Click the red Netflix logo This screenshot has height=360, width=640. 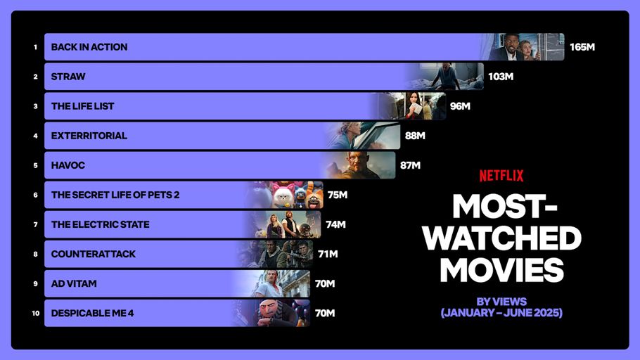click(x=501, y=176)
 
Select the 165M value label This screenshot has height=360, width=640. click(x=582, y=47)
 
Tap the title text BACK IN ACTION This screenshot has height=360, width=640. click(x=89, y=47)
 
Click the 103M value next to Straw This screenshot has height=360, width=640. click(x=500, y=77)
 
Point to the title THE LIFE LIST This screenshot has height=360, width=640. click(x=82, y=106)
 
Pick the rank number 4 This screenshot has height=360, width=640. click(x=35, y=136)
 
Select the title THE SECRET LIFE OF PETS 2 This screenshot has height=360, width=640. click(x=115, y=195)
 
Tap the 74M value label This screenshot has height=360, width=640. click(x=335, y=224)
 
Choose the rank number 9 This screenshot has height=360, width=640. click(x=35, y=283)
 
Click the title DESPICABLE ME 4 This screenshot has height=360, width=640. click(x=92, y=313)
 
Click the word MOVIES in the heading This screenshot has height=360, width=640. click(x=501, y=270)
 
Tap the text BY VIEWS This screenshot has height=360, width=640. click(x=501, y=302)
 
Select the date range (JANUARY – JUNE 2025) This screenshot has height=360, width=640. click(x=501, y=313)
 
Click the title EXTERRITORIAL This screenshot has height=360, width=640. click(x=89, y=136)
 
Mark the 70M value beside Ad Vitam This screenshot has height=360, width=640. click(x=324, y=283)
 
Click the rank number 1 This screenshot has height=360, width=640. click(x=35, y=47)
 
